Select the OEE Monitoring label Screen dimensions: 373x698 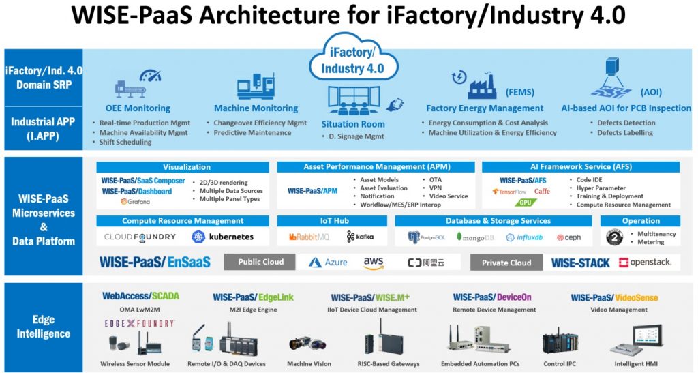tap(138, 108)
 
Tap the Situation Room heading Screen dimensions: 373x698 tap(352, 124)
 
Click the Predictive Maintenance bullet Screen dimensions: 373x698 tap(252, 133)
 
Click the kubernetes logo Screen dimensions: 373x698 tap(223, 237)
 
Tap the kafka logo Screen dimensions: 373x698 tap(361, 237)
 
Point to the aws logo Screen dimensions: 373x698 tap(374, 263)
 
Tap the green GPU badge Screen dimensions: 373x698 tap(523, 203)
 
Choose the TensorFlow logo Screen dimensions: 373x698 tap(509, 192)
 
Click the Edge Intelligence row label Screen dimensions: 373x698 tap(44, 327)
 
